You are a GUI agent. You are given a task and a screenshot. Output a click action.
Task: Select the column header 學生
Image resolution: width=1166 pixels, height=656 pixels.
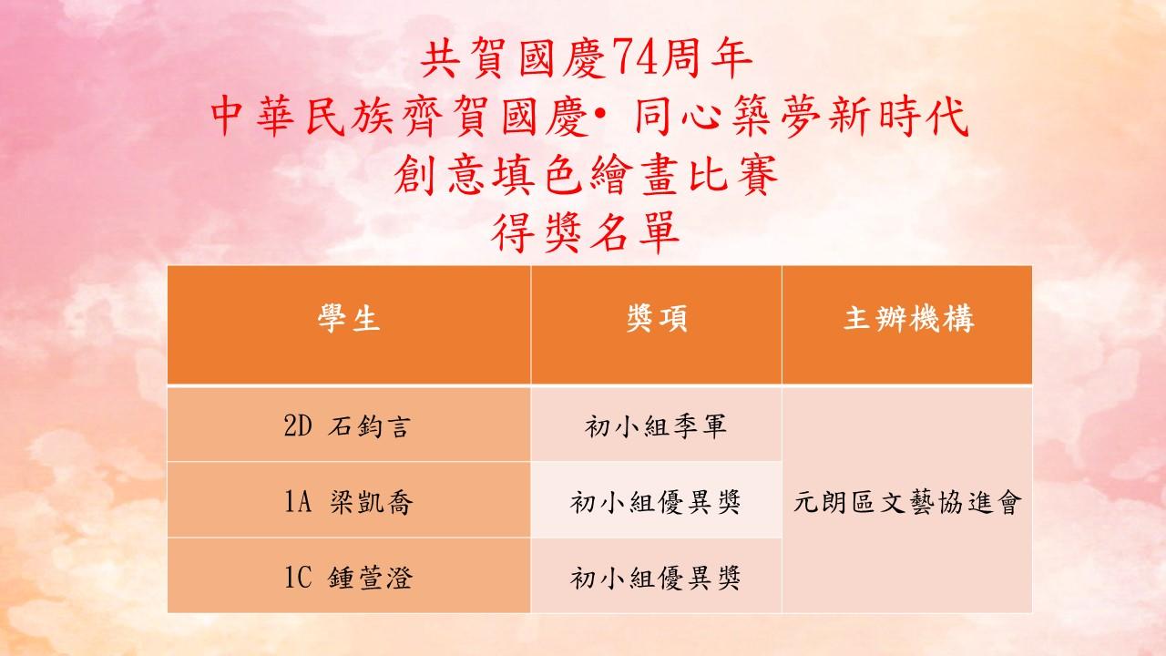click(x=349, y=318)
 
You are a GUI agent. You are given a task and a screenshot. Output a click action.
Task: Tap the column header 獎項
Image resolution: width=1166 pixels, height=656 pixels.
click(x=657, y=318)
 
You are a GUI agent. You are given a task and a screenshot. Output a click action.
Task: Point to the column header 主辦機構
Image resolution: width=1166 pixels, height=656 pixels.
click(x=908, y=318)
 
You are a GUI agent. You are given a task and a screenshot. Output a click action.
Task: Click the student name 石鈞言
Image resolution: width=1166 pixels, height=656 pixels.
click(x=370, y=426)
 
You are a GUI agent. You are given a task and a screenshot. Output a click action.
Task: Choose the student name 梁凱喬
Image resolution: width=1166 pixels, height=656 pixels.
click(x=371, y=502)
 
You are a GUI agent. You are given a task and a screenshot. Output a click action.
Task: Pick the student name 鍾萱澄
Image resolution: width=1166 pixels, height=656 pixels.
click(x=370, y=578)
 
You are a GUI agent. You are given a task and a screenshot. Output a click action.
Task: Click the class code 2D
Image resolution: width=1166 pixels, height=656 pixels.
click(x=298, y=426)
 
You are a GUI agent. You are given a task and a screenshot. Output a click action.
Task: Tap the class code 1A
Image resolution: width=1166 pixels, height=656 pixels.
click(x=298, y=502)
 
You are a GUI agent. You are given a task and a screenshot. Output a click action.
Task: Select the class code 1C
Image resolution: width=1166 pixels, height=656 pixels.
click(x=298, y=578)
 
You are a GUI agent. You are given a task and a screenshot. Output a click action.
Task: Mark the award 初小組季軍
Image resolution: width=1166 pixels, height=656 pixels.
click(x=655, y=426)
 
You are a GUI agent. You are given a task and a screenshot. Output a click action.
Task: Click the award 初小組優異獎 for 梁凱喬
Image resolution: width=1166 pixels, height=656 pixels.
click(x=655, y=502)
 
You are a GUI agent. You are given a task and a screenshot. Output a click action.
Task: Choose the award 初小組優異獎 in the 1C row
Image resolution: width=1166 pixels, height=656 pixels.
click(x=655, y=578)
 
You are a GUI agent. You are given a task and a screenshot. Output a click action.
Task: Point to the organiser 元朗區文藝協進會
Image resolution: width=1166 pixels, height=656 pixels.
click(x=907, y=502)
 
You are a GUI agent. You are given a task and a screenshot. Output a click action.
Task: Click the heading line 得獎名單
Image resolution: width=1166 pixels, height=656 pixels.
click(x=585, y=232)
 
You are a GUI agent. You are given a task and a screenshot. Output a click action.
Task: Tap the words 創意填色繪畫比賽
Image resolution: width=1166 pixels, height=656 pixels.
click(x=585, y=175)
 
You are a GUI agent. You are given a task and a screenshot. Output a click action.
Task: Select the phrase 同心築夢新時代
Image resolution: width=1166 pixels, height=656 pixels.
click(x=801, y=117)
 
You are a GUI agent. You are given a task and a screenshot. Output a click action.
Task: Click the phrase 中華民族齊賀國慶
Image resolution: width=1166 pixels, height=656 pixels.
click(x=400, y=117)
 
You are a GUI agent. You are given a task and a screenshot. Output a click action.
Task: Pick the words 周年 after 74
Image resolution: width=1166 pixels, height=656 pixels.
click(x=702, y=59)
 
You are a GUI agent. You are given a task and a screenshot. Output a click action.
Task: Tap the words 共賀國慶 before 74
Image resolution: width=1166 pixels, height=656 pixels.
click(x=513, y=59)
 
